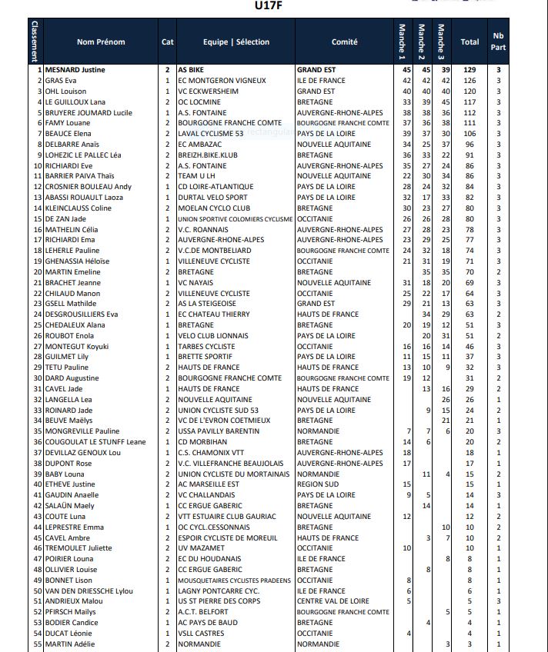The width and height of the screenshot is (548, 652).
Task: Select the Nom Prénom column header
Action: [x=101, y=42]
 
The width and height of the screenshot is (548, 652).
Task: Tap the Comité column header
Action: [x=344, y=42]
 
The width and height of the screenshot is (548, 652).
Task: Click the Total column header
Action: [x=469, y=42]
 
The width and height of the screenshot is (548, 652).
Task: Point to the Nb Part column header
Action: [x=498, y=42]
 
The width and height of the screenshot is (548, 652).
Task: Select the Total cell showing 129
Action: [x=469, y=70]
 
